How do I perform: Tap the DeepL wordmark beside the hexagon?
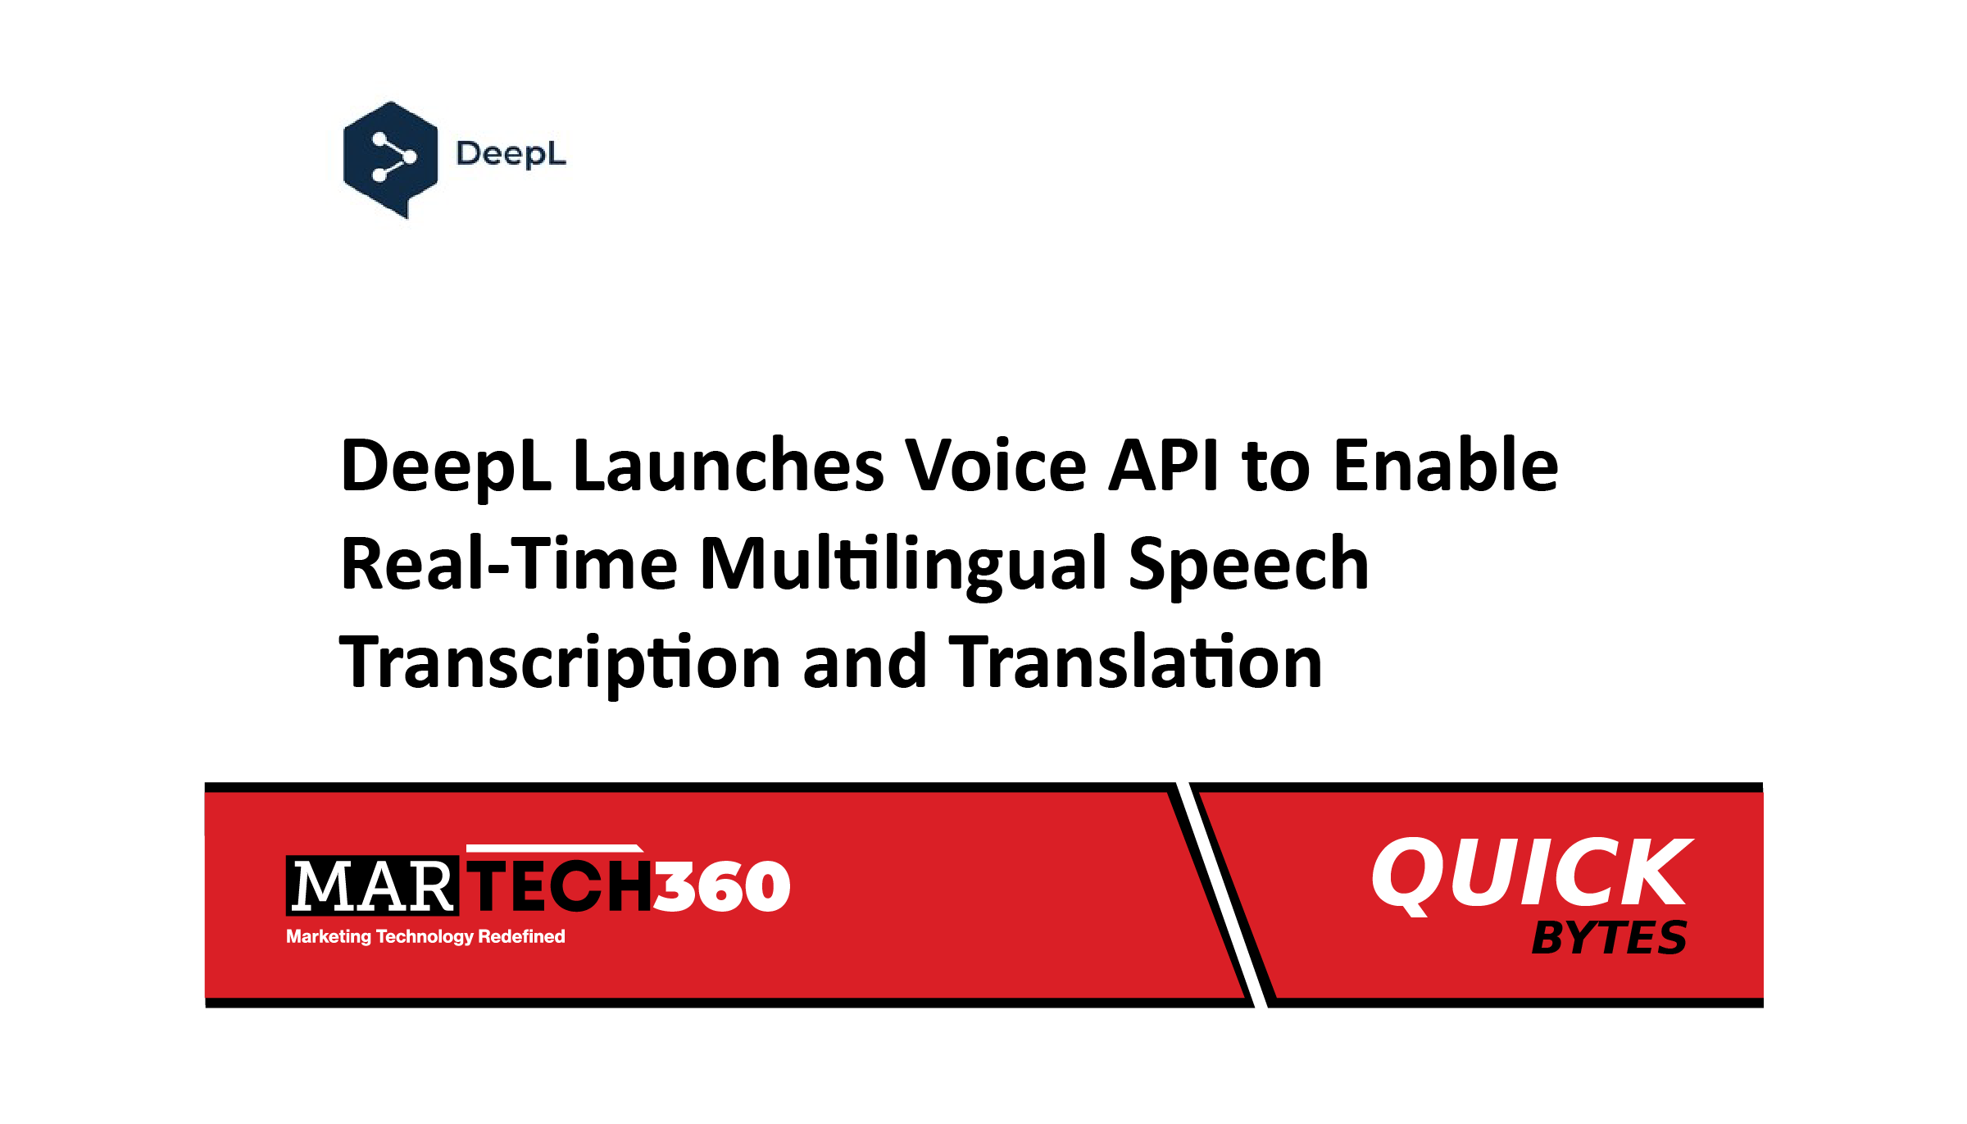(x=511, y=154)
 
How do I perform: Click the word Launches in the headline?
(x=728, y=465)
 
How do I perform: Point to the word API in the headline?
(x=1163, y=465)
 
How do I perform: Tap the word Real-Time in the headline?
(x=509, y=563)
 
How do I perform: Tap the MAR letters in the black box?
(x=372, y=886)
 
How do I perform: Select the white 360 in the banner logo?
(x=721, y=886)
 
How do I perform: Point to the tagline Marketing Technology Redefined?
(x=425, y=936)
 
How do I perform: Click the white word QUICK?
(x=1531, y=874)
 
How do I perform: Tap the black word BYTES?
(x=1609, y=937)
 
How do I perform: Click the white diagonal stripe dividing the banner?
(x=1222, y=894)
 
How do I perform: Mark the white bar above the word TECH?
(x=554, y=849)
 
